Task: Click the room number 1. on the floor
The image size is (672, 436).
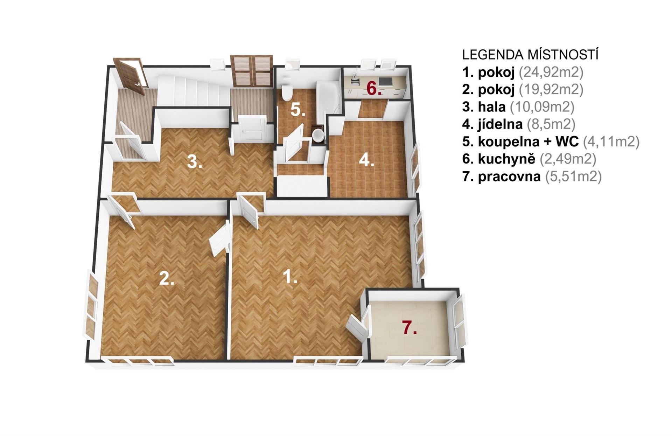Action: coord(290,277)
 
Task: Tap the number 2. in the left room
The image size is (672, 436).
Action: coord(167,279)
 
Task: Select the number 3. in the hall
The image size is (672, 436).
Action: coord(194,162)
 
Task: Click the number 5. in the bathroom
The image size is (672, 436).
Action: coord(298,110)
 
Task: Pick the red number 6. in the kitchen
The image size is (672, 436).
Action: coord(374,89)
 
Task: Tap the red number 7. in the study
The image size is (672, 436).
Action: coord(409,328)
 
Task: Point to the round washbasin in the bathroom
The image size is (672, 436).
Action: coord(318,135)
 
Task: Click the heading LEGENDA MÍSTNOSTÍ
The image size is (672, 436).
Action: coord(530,55)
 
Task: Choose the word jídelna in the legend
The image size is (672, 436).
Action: coord(500,124)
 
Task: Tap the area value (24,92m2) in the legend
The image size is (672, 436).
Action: coord(551,72)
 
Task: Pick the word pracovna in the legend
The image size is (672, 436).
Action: coord(509,176)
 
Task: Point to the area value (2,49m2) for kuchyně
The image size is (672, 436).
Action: coord(568,159)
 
